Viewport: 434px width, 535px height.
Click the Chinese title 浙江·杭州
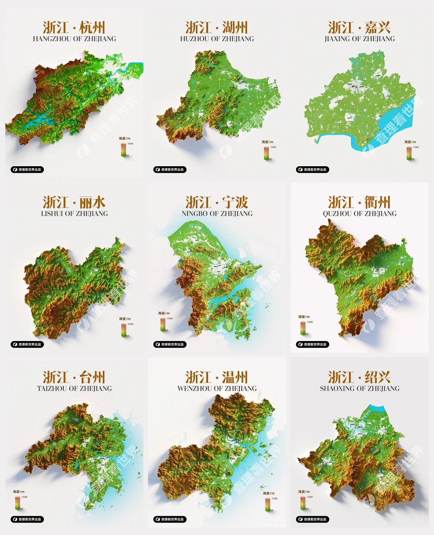coord(74,27)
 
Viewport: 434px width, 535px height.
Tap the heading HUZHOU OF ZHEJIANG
coord(217,39)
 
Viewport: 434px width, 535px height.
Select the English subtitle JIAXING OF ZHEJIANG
coord(360,39)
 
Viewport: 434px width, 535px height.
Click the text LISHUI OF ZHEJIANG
coord(74,214)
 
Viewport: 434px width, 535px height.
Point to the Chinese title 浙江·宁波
coord(217,202)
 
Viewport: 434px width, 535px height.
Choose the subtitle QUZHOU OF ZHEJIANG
coord(360,214)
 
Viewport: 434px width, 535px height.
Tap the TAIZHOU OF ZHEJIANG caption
coord(74,388)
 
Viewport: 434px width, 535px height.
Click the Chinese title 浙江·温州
coord(217,377)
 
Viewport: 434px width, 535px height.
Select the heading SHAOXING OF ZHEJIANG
coord(360,388)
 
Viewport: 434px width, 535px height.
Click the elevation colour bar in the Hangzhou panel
coord(124,149)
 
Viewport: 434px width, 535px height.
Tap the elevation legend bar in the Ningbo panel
coord(163,324)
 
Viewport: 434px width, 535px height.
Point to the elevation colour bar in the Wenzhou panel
coord(267,504)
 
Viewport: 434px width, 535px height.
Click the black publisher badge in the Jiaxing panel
coord(313,169)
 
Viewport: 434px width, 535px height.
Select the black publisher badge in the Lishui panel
coord(27,344)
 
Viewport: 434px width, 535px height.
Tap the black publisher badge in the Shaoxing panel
coord(313,519)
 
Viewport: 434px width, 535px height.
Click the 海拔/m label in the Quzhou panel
coord(304,317)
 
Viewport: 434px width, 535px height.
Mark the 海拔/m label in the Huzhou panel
coord(268,142)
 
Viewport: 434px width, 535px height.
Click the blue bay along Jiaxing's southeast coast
coord(396,121)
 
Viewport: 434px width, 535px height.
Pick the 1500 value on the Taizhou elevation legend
coord(25,497)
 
